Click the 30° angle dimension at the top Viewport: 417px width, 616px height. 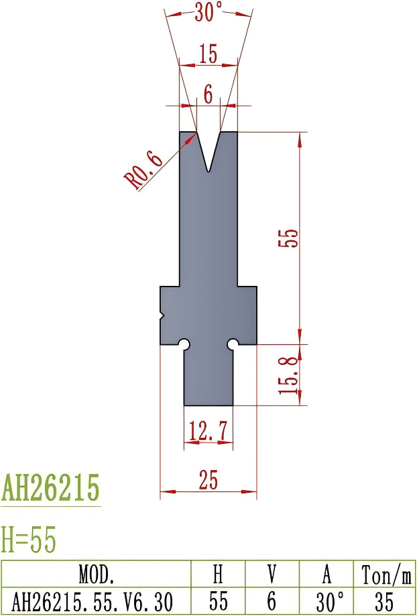click(208, 13)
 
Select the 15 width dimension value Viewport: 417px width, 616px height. click(208, 54)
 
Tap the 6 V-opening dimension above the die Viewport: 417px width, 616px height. click(208, 95)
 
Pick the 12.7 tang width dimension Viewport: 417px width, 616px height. click(208, 431)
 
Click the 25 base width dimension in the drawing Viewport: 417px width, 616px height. click(208, 481)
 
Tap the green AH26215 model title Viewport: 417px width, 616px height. click(51, 488)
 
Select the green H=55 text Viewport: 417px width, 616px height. click(29, 540)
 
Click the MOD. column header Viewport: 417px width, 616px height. click(97, 574)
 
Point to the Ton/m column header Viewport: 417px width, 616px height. click(385, 574)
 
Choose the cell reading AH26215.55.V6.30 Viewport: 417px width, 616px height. click(97, 600)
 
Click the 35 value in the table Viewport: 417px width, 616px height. click(385, 600)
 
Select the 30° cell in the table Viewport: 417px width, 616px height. click(326, 600)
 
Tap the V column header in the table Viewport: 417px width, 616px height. click(272, 574)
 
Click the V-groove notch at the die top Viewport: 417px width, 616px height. click(209, 151)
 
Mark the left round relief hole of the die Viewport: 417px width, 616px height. click(184, 343)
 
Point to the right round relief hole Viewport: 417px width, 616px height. click(233, 343)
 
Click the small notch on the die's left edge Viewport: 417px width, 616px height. click(162, 315)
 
